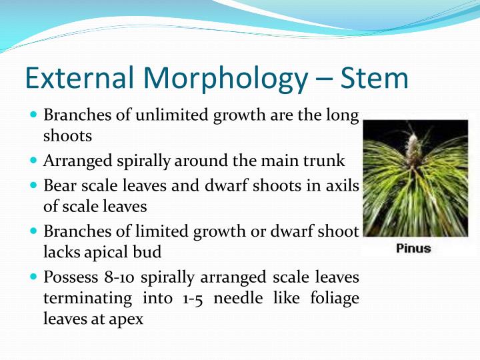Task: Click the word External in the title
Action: point(74,78)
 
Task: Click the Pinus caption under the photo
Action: point(413,249)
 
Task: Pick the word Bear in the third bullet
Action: point(57,185)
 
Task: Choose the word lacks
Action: point(59,253)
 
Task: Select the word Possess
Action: point(67,276)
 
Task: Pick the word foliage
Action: point(335,298)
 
